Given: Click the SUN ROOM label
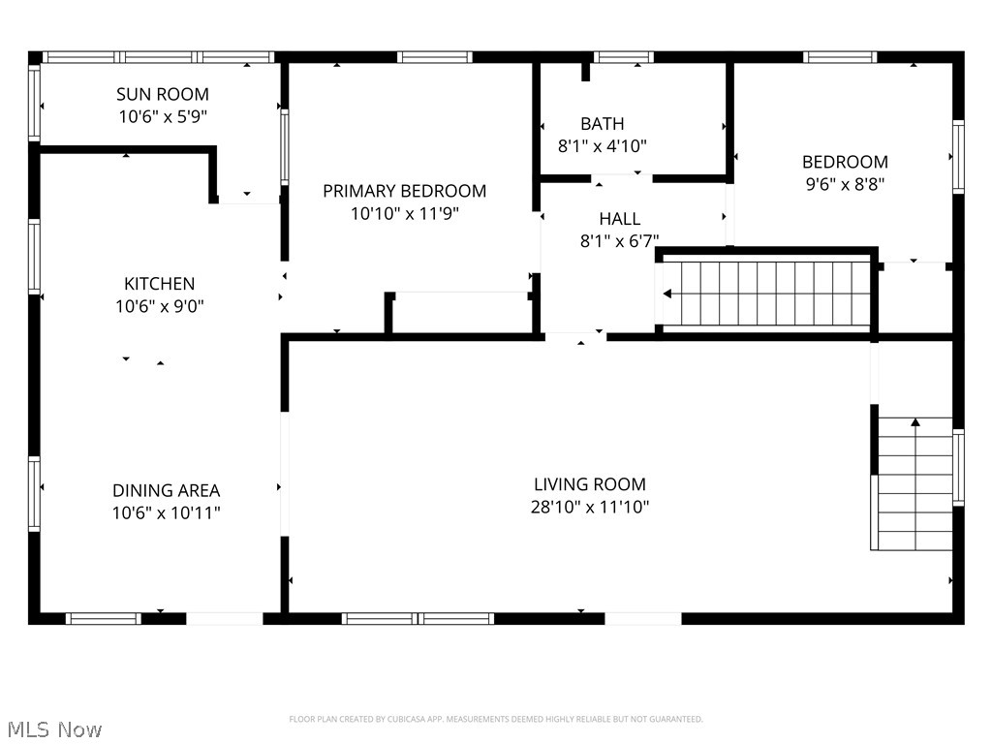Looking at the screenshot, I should click(162, 94).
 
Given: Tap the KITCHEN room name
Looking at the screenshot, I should click(159, 284).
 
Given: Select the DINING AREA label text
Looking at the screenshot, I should click(166, 490).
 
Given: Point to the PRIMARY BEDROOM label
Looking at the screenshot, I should click(404, 191).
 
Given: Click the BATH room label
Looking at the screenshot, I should click(602, 123).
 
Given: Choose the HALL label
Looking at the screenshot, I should click(619, 219).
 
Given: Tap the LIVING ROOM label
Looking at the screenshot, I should click(589, 484).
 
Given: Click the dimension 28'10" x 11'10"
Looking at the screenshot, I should click(589, 507).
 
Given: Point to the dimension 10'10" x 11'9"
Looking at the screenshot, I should click(404, 213).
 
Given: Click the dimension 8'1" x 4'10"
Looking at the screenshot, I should click(602, 145).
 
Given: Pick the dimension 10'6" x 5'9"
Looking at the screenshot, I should click(162, 115).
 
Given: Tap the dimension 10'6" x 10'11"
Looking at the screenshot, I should click(166, 512).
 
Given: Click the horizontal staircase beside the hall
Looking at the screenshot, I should click(766, 294).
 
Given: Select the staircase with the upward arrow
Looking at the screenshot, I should click(914, 484).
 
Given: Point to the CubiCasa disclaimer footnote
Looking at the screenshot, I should click(495, 719).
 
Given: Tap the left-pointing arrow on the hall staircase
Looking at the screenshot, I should click(668, 294).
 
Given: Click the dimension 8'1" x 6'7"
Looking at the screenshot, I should click(619, 241).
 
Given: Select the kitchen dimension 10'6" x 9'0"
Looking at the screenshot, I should click(159, 306).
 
